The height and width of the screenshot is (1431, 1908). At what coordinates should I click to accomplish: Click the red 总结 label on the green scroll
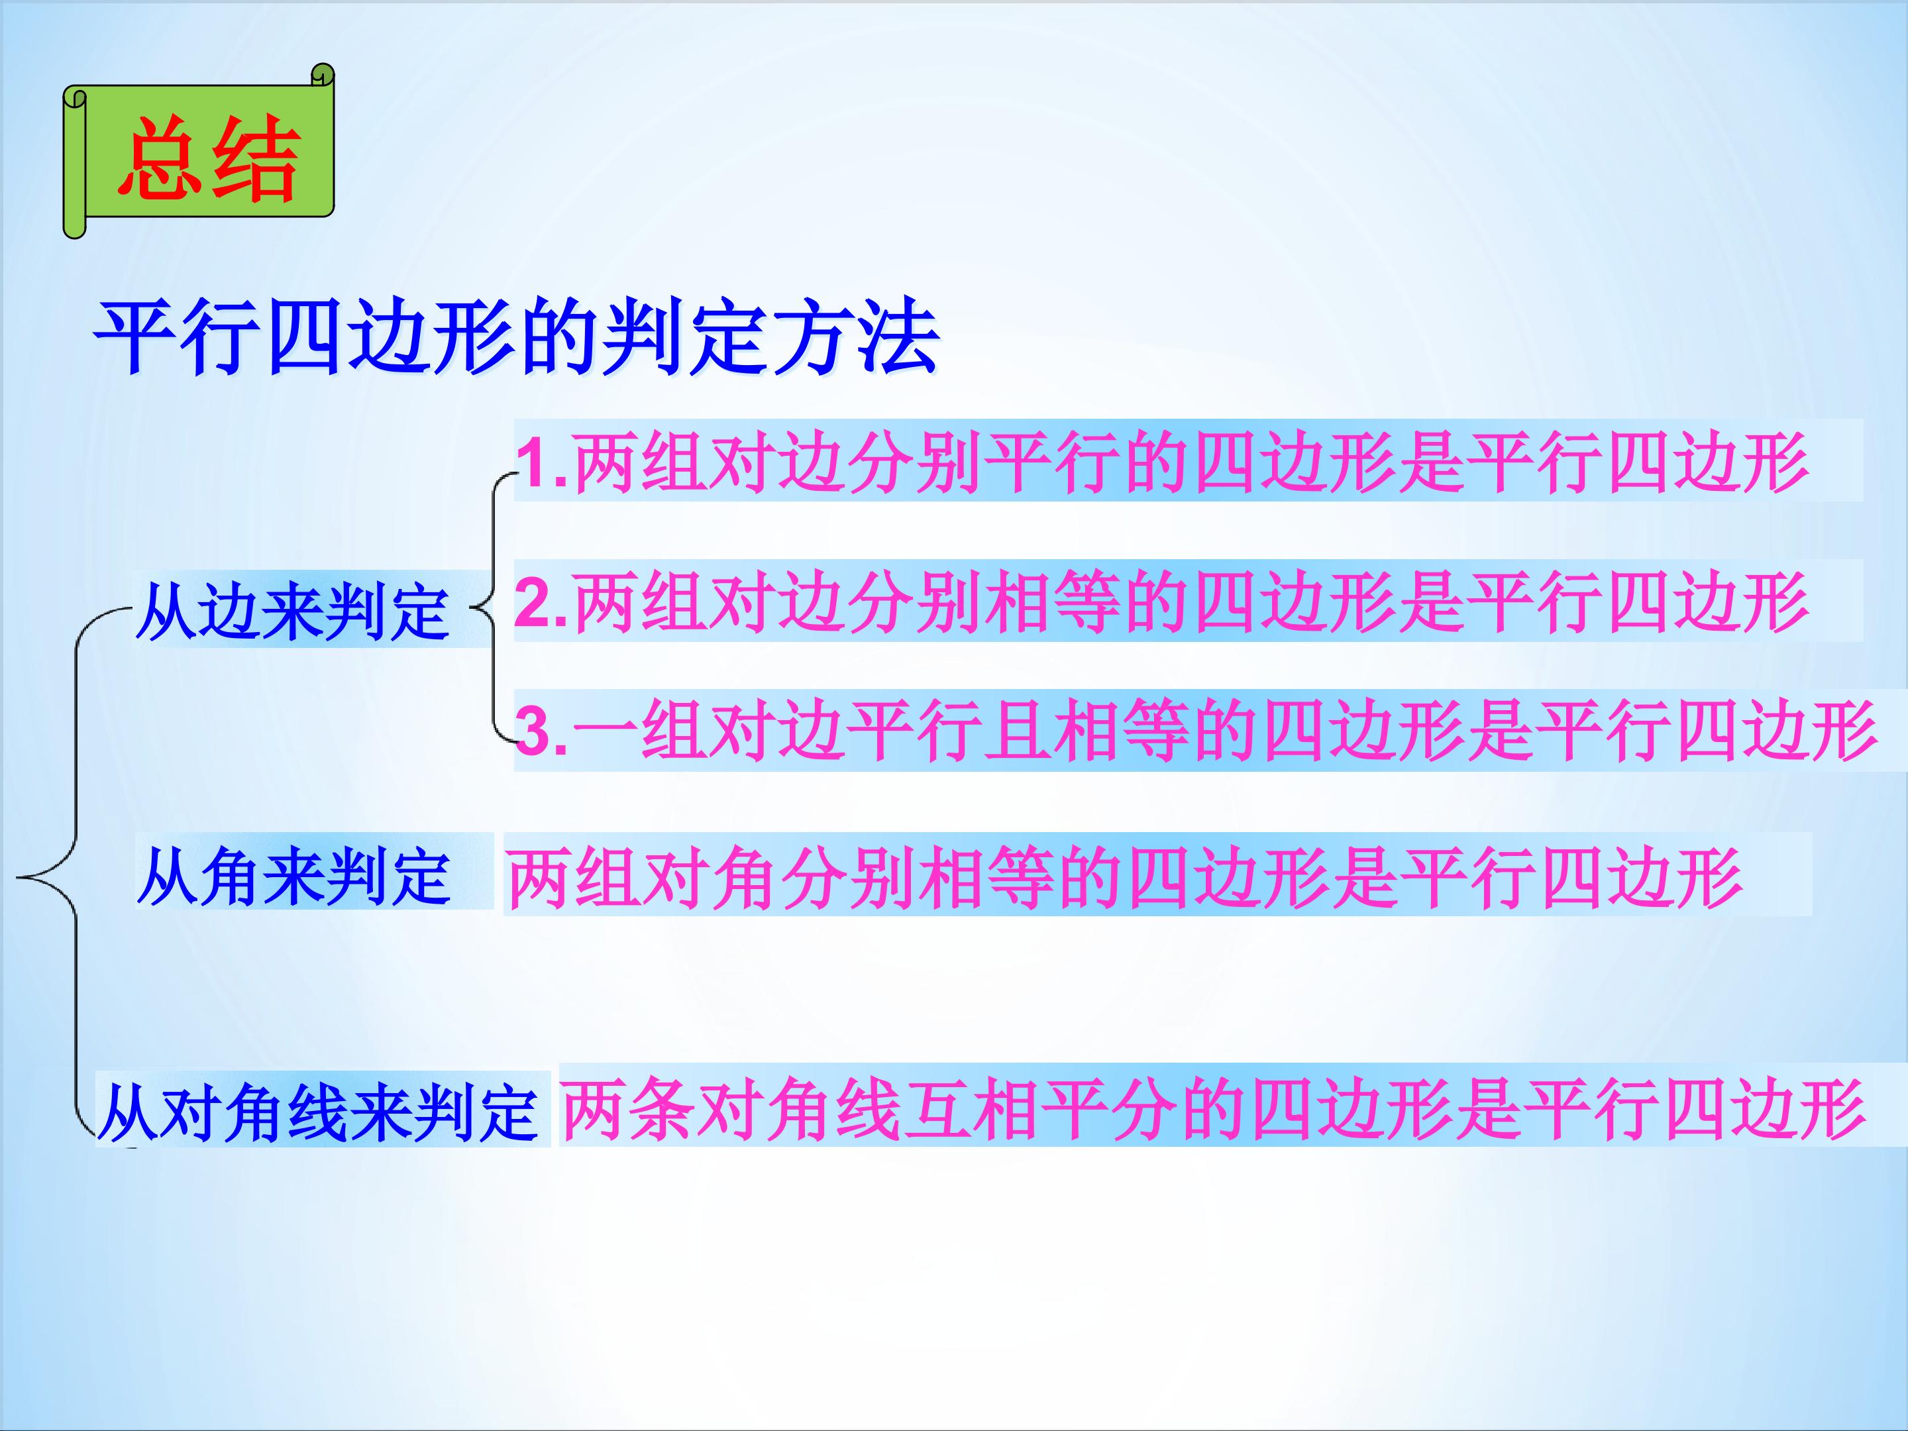(209, 160)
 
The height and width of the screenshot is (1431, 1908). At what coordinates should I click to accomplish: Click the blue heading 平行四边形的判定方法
(516, 337)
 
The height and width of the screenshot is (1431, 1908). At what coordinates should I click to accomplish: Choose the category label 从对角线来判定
(317, 1113)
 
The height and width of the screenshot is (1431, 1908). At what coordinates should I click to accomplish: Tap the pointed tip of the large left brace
(17, 878)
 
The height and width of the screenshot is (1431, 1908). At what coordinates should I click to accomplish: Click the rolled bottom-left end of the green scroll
(75, 227)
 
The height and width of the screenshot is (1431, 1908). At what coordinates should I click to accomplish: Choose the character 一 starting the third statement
(604, 733)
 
